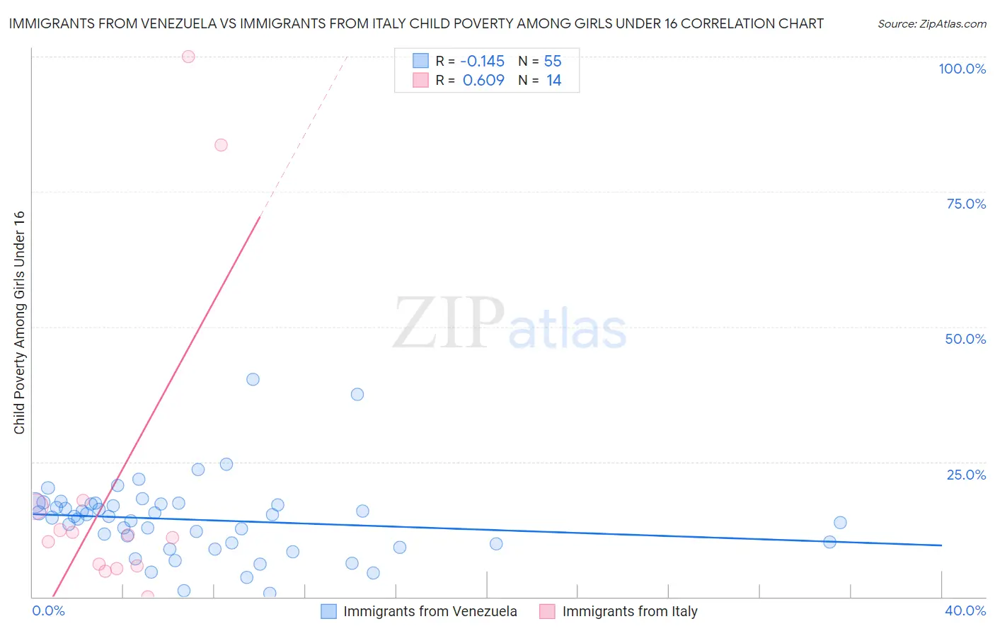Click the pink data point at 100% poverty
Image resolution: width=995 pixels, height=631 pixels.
point(188,57)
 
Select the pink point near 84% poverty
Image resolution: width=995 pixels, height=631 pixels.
point(221,145)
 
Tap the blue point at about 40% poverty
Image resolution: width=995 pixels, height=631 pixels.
point(253,379)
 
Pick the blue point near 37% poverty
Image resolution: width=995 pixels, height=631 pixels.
point(357,394)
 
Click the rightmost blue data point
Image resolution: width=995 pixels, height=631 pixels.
point(840,523)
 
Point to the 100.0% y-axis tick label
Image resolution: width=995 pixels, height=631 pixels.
point(962,69)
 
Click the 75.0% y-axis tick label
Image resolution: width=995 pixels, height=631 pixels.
point(966,204)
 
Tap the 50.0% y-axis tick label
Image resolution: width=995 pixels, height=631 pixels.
point(965,339)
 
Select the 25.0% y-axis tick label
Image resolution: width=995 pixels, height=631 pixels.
point(966,475)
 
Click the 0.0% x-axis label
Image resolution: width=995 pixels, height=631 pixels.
point(48,610)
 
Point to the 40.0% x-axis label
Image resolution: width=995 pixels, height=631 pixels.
point(965,610)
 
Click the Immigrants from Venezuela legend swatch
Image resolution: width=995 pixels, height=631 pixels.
point(328,611)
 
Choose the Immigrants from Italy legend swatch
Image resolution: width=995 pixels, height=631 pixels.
point(547,611)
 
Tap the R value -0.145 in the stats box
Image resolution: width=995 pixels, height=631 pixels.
point(482,62)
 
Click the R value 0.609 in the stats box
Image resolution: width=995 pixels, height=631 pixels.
point(483,81)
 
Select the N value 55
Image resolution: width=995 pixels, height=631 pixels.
point(553,62)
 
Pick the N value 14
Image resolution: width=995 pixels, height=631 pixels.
point(553,81)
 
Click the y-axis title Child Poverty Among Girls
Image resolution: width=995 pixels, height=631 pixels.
point(19,323)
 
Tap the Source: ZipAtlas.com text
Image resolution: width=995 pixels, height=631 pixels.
point(931,24)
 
